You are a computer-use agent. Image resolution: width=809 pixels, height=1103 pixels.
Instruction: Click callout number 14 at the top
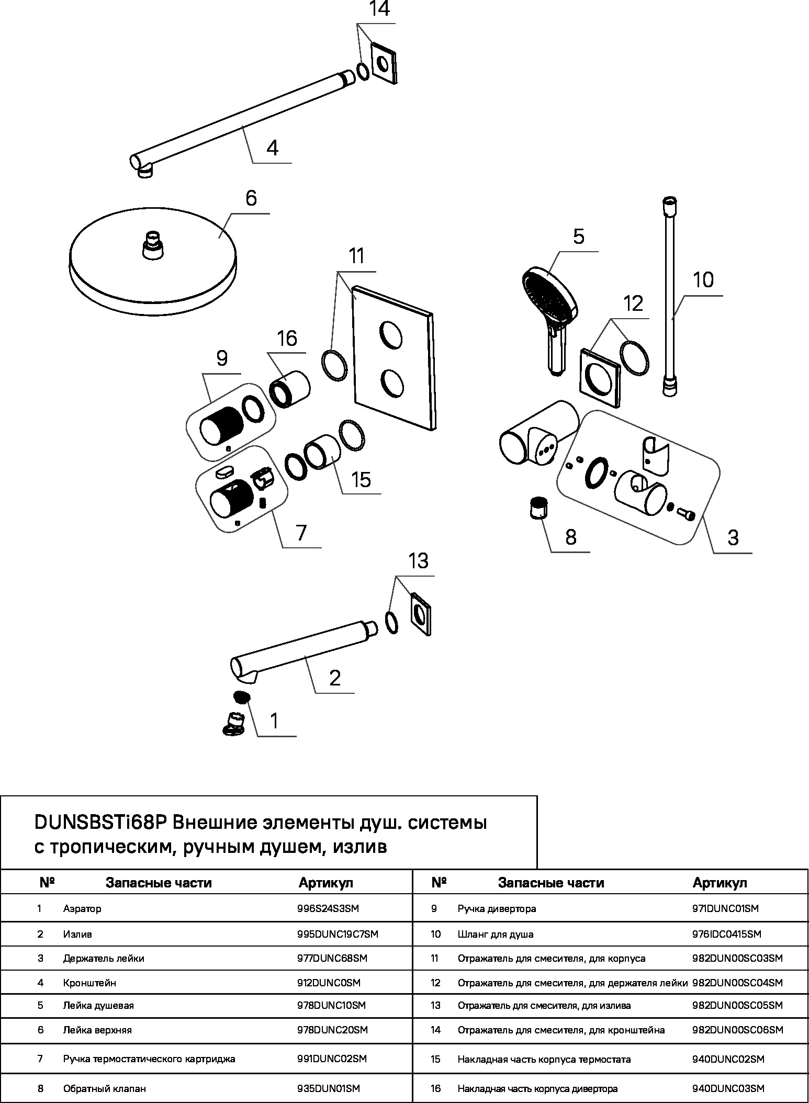pos(379,9)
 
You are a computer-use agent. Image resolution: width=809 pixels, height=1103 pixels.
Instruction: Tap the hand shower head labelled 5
pos(549,296)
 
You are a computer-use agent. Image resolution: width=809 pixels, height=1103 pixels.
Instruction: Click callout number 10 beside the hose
pos(703,280)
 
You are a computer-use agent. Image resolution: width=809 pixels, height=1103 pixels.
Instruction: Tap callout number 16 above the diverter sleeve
pos(287,338)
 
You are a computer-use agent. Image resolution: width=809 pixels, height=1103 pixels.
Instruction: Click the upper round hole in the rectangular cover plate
pos(391,335)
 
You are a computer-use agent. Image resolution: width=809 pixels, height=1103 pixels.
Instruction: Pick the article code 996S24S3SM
pos(328,908)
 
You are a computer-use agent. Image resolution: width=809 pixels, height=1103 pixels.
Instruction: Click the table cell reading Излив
pos(77,934)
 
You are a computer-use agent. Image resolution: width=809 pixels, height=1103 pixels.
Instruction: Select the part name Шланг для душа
pos(496,934)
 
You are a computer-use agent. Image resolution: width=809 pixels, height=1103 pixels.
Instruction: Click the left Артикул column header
pos(326,883)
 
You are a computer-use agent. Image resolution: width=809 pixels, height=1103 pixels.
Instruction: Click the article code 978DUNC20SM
pos(332,1030)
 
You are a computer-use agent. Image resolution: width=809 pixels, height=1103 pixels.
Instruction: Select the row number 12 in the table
pos(436,983)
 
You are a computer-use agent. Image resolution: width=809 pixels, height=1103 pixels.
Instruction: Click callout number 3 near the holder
pos(733,537)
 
